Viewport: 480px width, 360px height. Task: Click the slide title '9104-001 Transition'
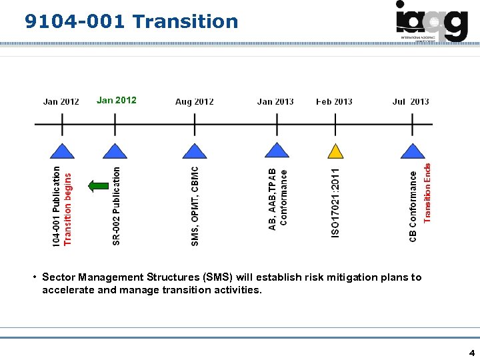(131, 21)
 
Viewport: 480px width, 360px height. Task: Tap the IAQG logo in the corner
(431, 21)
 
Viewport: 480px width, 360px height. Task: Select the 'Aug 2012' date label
(194, 101)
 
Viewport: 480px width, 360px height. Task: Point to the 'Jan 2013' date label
(275, 101)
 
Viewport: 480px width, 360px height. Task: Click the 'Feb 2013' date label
(334, 101)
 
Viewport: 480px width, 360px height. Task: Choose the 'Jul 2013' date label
(411, 101)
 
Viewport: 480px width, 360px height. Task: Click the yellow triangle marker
(336, 151)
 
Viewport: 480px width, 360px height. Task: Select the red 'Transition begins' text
(67, 205)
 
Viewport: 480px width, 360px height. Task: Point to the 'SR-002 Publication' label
(117, 205)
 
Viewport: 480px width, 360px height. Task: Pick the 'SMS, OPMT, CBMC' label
(195, 205)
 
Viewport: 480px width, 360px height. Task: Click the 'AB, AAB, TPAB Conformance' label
(278, 199)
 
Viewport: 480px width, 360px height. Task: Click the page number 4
(472, 352)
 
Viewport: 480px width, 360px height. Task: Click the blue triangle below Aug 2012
(195, 151)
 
